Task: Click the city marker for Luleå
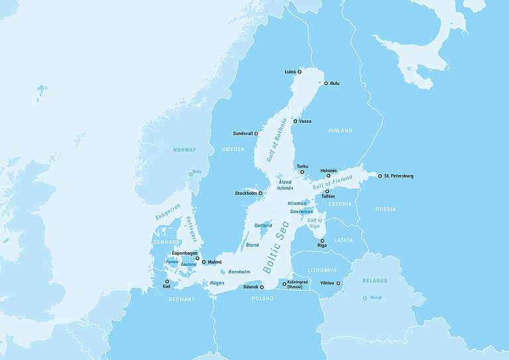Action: click(300, 72)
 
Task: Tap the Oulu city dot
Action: click(325, 84)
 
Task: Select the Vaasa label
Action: click(305, 121)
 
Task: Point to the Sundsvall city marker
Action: click(256, 133)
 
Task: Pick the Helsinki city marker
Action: click(328, 176)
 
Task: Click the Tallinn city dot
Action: click(327, 191)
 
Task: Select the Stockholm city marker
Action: click(260, 194)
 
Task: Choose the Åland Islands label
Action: click(285, 185)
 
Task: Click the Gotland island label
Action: click(263, 225)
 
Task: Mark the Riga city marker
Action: click(322, 241)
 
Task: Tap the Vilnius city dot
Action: click(338, 283)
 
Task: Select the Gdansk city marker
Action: click(262, 287)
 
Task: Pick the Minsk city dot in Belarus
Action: click(365, 298)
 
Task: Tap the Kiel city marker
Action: click(167, 281)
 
